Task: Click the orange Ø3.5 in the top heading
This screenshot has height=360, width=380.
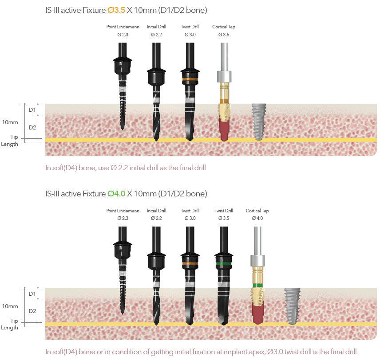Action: click(117, 10)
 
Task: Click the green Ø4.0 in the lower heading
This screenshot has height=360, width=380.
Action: click(117, 194)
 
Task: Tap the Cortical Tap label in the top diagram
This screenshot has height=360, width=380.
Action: click(224, 27)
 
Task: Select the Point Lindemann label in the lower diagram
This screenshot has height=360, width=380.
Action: click(123, 211)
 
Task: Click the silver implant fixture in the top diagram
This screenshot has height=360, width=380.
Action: click(258, 122)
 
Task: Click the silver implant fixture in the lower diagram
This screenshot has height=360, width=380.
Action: click(292, 305)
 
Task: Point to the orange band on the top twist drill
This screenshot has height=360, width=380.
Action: click(190, 80)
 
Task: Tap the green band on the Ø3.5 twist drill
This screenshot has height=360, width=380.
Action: click(223, 263)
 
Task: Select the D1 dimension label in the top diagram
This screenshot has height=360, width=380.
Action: click(32, 110)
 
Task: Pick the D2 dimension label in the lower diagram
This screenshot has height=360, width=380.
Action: click(32, 311)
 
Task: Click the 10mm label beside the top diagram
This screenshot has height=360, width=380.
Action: click(10, 122)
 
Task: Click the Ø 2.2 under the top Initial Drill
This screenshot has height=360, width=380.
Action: click(156, 35)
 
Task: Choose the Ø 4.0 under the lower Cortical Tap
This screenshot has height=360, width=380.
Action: click(257, 218)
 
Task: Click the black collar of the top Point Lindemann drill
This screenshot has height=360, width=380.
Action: click(123, 67)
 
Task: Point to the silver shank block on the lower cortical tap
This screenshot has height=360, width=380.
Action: click(257, 260)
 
